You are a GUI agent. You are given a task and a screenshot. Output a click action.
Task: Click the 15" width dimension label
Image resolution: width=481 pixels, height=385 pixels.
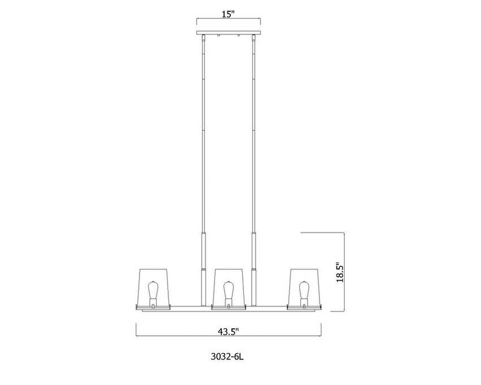(x=228, y=14)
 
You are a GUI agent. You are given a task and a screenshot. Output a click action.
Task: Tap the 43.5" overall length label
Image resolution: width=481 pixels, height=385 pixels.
(x=228, y=332)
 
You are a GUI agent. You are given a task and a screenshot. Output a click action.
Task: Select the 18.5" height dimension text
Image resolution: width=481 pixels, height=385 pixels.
(x=340, y=272)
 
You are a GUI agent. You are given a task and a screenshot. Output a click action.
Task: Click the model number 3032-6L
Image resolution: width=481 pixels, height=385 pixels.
(x=228, y=357)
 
